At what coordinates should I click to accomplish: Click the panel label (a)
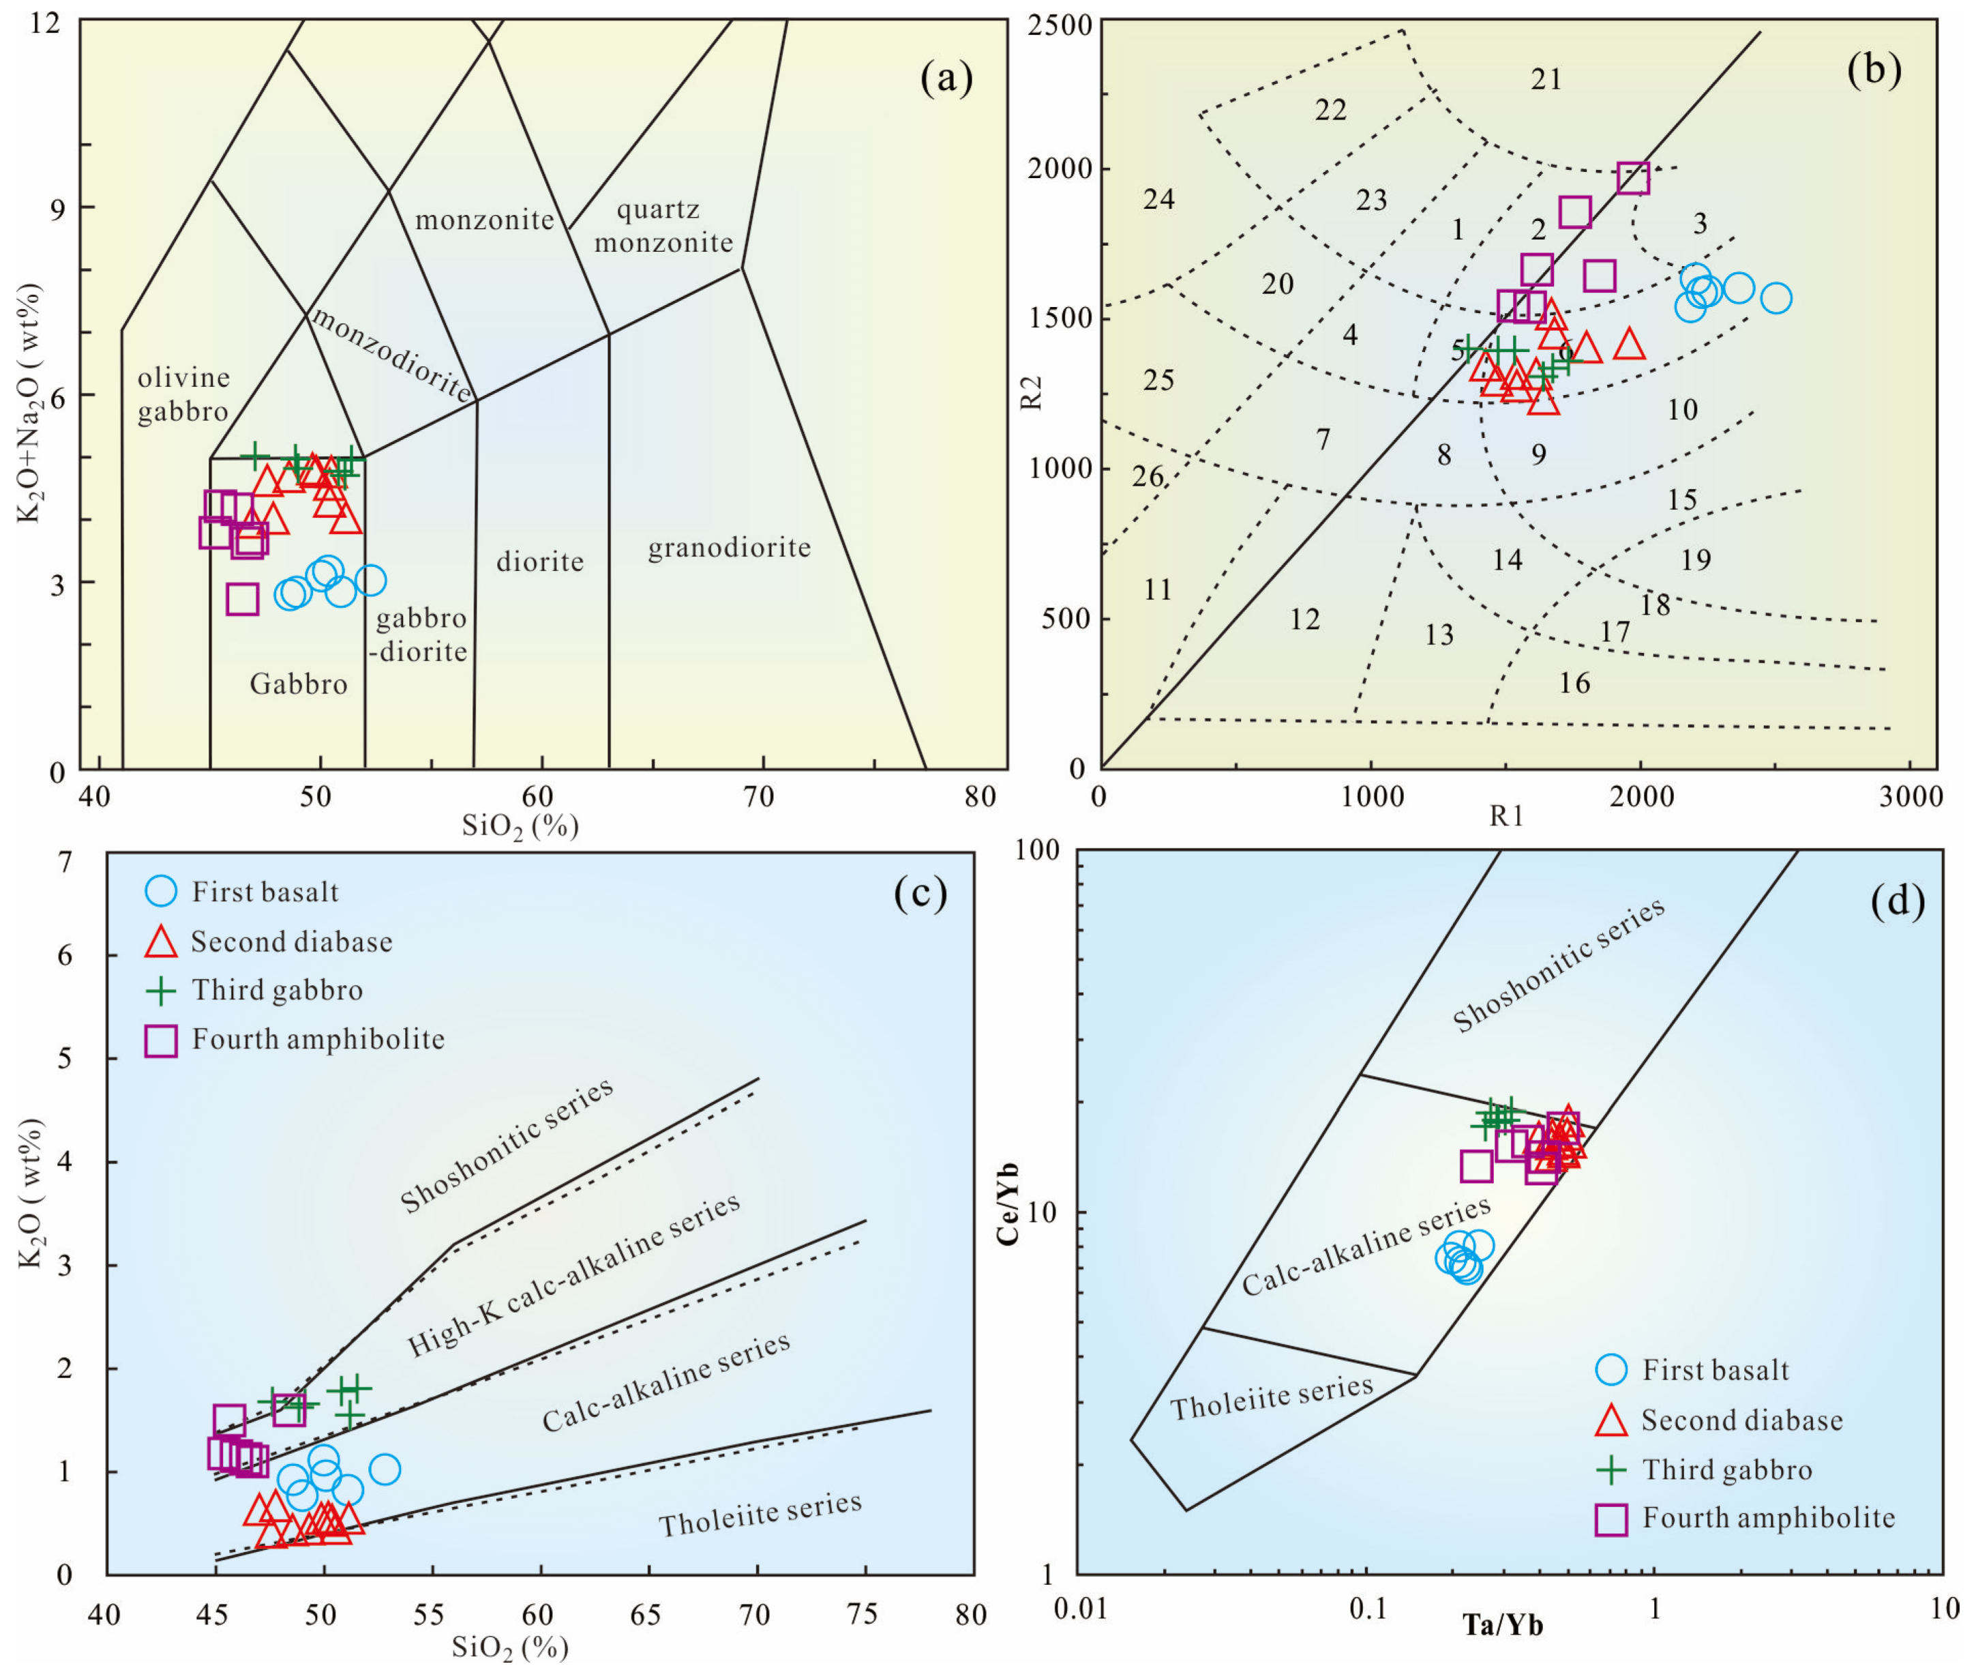(x=946, y=78)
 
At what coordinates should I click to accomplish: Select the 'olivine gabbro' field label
(x=183, y=394)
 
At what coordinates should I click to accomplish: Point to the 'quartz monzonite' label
(x=663, y=226)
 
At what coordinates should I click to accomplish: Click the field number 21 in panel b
(x=1546, y=79)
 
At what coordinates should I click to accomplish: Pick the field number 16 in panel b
(x=1574, y=682)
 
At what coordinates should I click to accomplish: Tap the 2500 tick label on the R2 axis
(x=1059, y=23)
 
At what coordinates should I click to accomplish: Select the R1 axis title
(x=1506, y=816)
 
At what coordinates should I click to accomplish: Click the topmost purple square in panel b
(x=1632, y=178)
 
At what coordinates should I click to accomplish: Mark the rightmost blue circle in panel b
(x=1775, y=298)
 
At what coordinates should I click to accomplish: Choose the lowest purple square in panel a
(x=243, y=600)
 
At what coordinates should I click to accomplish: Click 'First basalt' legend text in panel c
(x=265, y=892)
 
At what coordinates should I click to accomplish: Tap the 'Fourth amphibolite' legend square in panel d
(x=1610, y=1520)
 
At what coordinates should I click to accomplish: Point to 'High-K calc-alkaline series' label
(x=573, y=1275)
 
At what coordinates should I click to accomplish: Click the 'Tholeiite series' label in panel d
(x=1271, y=1397)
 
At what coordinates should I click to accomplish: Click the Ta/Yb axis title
(x=1503, y=1624)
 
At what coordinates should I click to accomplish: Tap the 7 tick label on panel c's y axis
(x=65, y=862)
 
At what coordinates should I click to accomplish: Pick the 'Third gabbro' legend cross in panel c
(x=161, y=991)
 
